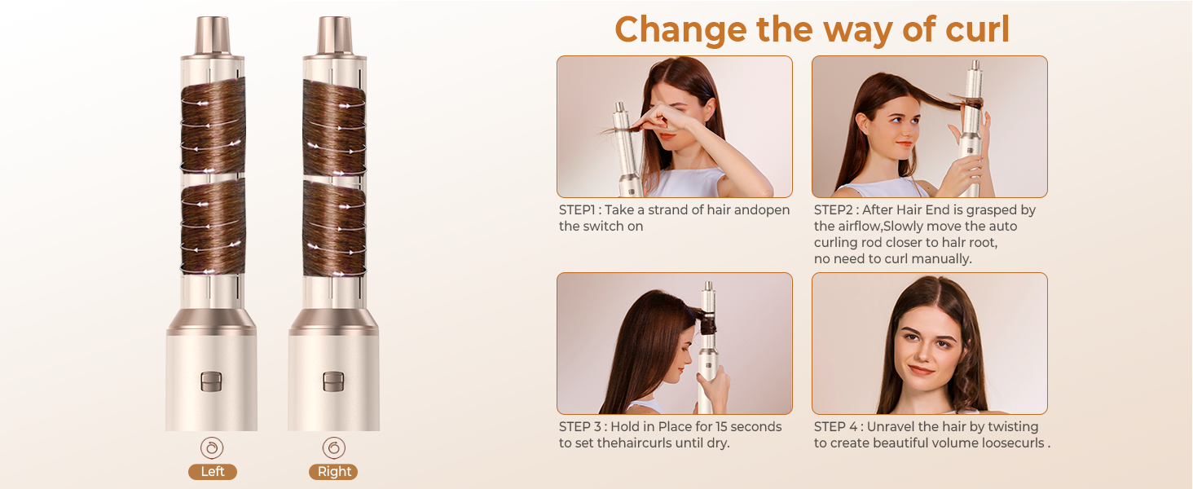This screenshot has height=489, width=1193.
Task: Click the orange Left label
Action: coord(213,472)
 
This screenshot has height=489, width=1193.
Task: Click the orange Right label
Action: coord(333,472)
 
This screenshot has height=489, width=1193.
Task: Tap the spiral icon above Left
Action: coord(212,447)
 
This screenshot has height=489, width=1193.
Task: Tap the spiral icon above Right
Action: coord(333,447)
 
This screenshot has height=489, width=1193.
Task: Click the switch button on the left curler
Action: coord(212,381)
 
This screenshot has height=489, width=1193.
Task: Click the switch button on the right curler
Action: coord(333,381)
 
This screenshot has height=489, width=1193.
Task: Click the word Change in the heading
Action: coord(680,30)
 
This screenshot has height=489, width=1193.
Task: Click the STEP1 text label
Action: coord(580,210)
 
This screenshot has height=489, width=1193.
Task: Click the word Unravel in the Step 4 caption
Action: coord(895,427)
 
